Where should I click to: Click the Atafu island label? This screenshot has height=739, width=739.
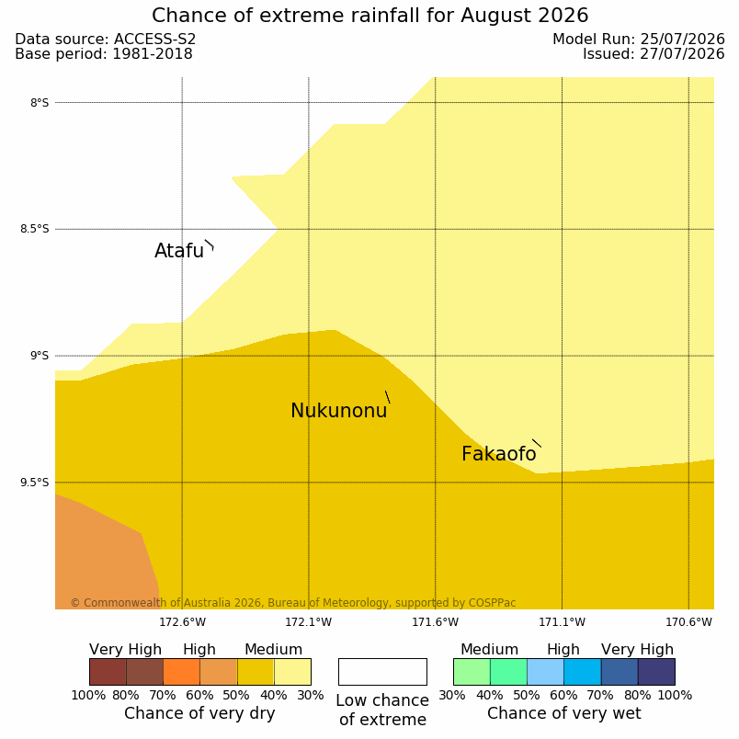(179, 251)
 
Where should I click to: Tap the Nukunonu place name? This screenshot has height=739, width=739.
(339, 411)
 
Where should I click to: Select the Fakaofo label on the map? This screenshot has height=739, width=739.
(498, 454)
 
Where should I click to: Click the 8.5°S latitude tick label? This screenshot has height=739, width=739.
(34, 229)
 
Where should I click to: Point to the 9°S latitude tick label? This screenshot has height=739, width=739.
(40, 356)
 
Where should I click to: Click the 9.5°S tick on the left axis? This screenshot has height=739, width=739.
(34, 483)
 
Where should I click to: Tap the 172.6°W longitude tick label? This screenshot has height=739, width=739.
(182, 622)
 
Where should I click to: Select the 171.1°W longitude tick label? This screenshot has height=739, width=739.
(562, 622)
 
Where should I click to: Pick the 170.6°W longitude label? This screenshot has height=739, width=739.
(688, 622)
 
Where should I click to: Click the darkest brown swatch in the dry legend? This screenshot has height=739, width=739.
(108, 672)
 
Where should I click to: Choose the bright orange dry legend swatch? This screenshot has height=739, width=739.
(181, 672)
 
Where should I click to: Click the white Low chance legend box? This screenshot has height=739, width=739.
(382, 672)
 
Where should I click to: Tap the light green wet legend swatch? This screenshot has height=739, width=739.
(472, 672)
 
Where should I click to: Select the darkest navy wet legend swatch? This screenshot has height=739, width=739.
(656, 672)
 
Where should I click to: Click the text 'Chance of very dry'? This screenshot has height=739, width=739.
(199, 713)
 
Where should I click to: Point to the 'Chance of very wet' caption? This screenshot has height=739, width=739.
(564, 713)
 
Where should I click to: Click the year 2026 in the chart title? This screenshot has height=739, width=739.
(563, 16)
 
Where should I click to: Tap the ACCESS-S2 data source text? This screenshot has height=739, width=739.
(155, 40)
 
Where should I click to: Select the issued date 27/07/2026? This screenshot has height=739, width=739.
(682, 53)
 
